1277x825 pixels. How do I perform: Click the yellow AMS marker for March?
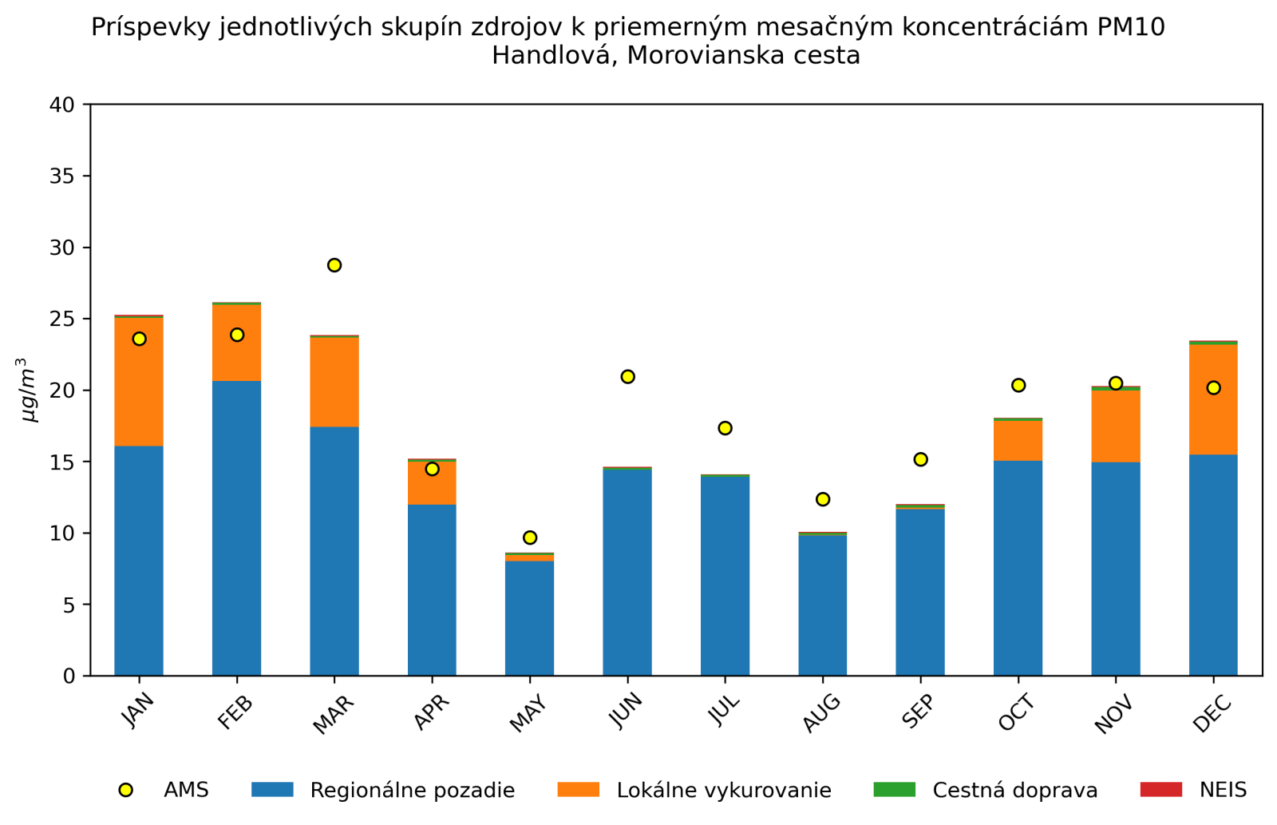(334, 265)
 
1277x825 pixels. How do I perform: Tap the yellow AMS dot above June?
(627, 376)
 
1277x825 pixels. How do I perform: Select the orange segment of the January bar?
(139, 382)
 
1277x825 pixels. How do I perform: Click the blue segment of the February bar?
(236, 528)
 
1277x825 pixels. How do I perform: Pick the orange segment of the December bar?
(1213, 399)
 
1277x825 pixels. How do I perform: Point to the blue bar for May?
(529, 618)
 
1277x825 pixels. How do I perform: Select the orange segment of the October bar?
(1018, 440)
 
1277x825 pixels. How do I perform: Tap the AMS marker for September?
(920, 459)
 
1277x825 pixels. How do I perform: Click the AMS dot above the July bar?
(725, 428)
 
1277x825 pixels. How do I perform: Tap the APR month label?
(431, 712)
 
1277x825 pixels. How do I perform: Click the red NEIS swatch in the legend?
(1161, 790)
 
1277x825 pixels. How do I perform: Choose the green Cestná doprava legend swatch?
(895, 790)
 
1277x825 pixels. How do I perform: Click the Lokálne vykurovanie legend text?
(723, 791)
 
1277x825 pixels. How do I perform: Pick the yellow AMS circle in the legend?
(125, 790)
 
